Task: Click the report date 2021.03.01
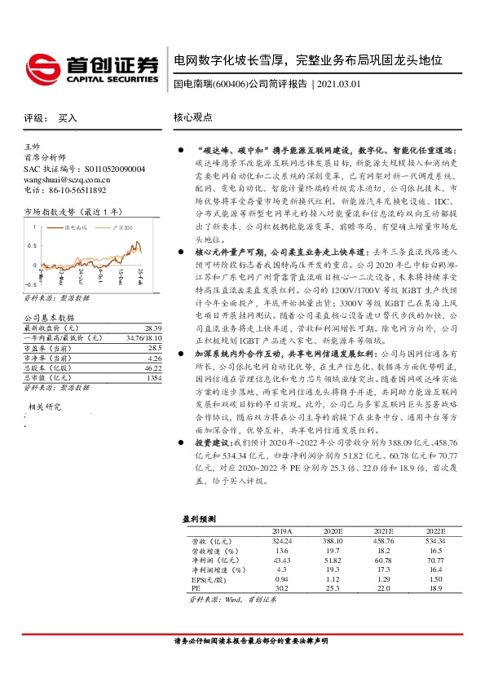click(338, 84)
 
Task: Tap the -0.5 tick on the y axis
click(29, 284)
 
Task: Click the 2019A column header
click(281, 530)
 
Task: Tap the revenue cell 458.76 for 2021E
click(383, 539)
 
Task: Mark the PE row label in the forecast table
click(196, 587)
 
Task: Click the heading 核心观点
click(192, 117)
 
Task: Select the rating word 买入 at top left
click(68, 118)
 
